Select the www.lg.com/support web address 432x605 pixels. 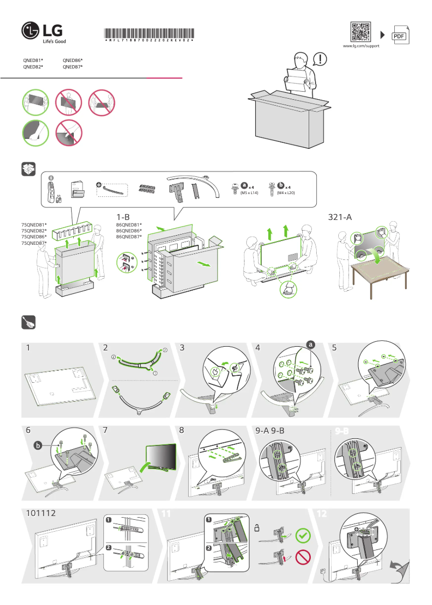[361, 46]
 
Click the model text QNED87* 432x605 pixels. [73, 67]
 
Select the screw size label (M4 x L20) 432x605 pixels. [285, 192]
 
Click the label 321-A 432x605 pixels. [340, 217]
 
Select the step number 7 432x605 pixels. [105, 431]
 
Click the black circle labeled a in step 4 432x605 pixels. [310, 344]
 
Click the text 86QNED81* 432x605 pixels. [129, 224]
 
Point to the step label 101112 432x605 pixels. [41, 514]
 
